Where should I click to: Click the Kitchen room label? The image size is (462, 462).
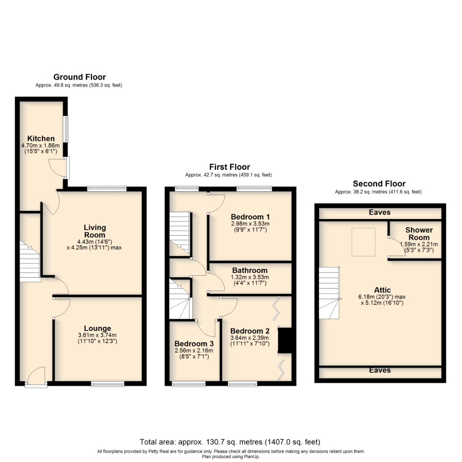click(41, 139)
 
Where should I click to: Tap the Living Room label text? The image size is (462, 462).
click(95, 231)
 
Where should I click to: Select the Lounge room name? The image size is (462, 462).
click(98, 329)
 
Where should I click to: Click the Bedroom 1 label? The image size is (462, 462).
click(250, 216)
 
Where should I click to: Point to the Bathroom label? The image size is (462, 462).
click(250, 270)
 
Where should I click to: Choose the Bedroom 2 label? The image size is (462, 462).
click(250, 331)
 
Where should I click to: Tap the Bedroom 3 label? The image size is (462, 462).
click(194, 344)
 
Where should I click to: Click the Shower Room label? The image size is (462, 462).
click(419, 234)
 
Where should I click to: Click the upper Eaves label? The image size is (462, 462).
click(379, 212)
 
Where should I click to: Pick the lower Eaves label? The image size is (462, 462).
click(379, 370)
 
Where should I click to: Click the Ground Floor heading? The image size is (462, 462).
click(79, 77)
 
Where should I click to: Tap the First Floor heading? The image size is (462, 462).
click(229, 167)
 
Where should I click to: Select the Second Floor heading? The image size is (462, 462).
click(379, 184)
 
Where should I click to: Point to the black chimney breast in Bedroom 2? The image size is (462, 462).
click(284, 341)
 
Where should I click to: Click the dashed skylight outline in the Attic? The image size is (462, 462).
click(363, 242)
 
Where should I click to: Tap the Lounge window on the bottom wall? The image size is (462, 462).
click(108, 384)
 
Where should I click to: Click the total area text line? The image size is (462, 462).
click(230, 442)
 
